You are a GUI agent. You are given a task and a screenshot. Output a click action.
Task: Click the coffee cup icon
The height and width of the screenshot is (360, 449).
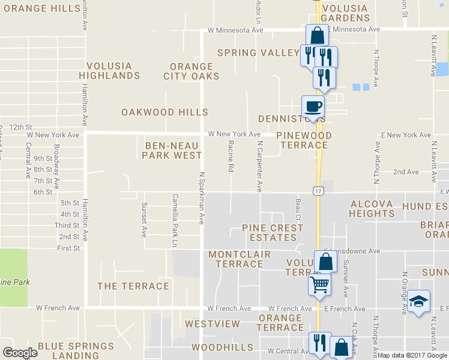[x=313, y=107]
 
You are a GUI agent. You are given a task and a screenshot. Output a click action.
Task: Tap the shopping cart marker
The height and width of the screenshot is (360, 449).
[x=320, y=283]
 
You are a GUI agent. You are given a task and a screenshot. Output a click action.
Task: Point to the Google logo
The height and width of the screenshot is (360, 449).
[x=20, y=353]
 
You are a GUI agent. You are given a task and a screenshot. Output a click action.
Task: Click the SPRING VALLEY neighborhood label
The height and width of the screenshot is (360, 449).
[x=258, y=53]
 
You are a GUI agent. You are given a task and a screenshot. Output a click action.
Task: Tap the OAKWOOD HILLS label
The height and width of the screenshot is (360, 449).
[x=164, y=112]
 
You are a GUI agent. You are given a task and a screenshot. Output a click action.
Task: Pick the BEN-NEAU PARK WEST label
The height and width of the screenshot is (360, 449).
[x=172, y=150]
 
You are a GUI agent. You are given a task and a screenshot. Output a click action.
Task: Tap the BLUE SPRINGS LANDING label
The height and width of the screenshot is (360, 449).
[x=76, y=351]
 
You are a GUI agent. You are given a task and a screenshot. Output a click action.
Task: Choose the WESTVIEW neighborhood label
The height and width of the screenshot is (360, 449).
[x=212, y=324]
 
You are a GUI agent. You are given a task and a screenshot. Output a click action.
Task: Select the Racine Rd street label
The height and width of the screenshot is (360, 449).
[x=231, y=156]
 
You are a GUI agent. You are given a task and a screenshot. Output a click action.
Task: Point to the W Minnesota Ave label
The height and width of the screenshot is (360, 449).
[x=235, y=29]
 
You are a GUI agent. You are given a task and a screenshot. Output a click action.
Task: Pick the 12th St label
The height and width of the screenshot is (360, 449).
[x=20, y=127]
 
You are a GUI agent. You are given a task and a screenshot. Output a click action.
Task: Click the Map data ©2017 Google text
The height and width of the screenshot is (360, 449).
[x=412, y=355]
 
